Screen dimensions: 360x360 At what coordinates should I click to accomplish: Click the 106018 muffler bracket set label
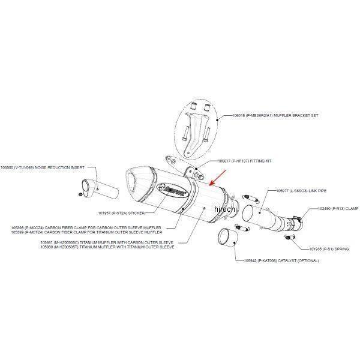click(x=265, y=117)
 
